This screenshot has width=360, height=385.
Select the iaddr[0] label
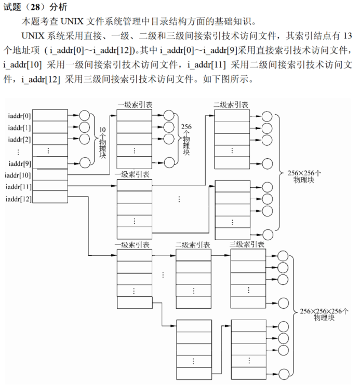pos(20,115)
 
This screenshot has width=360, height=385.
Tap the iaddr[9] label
pos(20,163)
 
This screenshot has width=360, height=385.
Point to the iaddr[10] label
pos(18,175)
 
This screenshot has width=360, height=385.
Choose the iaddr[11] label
pos(18,187)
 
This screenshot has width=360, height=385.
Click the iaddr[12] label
pos(18,199)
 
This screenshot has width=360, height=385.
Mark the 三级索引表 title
pos(246,244)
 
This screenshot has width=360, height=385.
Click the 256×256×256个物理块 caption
pos(324,314)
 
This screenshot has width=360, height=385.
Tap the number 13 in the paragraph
pos(348,36)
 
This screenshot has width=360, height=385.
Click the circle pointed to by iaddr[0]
pos(85,115)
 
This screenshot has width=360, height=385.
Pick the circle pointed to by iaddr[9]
pos(85,163)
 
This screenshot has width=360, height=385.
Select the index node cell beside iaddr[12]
pos(50,198)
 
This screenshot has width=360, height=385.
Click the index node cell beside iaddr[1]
pos(50,127)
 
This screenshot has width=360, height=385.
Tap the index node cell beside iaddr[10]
pos(50,175)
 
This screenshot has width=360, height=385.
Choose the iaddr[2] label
pos(20,139)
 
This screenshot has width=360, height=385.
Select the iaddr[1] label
pos(20,127)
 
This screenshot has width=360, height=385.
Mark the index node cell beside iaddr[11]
pos(50,186)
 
